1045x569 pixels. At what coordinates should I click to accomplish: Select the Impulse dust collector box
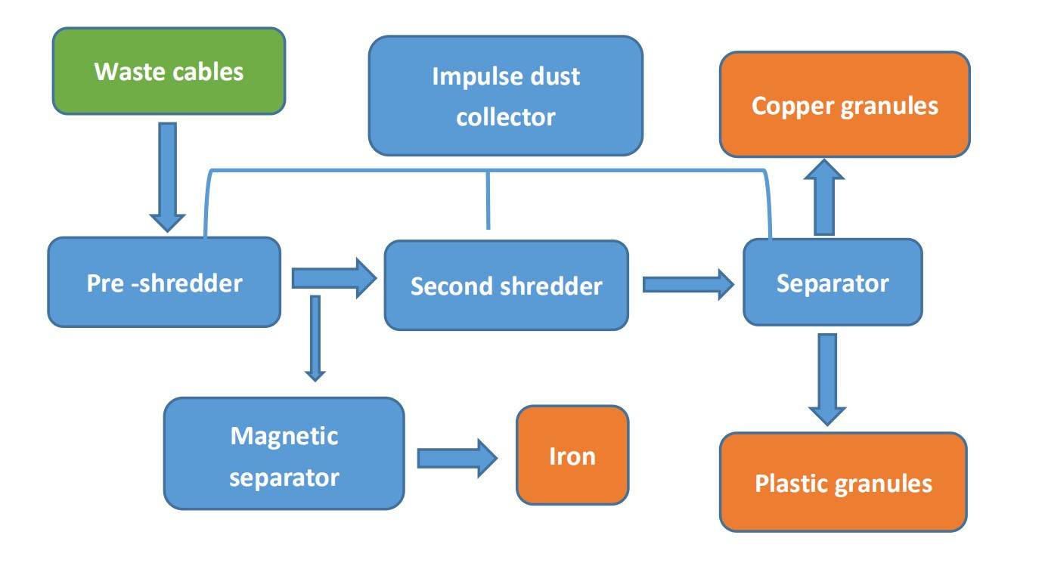505,96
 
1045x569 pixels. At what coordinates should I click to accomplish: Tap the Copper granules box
844,104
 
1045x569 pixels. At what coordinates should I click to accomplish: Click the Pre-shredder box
163,283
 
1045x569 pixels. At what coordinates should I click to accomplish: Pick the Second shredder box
506,286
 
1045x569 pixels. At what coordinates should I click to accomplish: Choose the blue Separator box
832,283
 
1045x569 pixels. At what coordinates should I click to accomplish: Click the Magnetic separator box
284,454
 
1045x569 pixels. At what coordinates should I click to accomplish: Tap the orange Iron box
572,455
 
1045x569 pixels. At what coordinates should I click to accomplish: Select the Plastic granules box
842,482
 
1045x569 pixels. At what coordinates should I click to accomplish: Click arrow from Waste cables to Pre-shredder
168,175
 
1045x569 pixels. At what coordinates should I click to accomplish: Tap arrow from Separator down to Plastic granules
827,378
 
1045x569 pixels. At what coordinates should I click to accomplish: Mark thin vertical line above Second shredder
488,199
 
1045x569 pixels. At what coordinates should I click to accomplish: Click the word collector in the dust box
505,116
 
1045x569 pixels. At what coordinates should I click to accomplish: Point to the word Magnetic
284,435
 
